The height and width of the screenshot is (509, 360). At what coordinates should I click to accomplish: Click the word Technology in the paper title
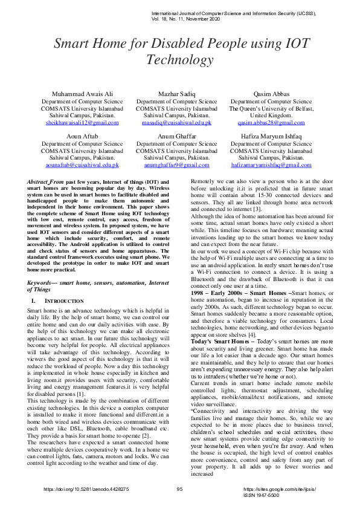pos(179,60)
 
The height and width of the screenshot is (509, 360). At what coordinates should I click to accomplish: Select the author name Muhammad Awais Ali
pos(82,94)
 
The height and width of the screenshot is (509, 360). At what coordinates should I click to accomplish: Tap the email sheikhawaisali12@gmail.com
pos(82,123)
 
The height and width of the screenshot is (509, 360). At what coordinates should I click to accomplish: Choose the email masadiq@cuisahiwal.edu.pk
pos(176,123)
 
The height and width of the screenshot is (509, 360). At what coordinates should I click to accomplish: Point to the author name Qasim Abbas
pos(271,94)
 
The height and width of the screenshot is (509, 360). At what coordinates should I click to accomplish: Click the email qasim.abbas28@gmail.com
pos(271,123)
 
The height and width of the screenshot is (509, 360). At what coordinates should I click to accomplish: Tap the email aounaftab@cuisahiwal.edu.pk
pos(82,165)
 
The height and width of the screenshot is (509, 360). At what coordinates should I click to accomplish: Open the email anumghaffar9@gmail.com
pos(176,165)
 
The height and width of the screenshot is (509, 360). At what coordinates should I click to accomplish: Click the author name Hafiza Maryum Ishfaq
pos(271,137)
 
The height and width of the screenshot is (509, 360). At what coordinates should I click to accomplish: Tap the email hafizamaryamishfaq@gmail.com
pos(271,165)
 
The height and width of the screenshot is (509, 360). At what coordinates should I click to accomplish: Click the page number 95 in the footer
pos(179,489)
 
